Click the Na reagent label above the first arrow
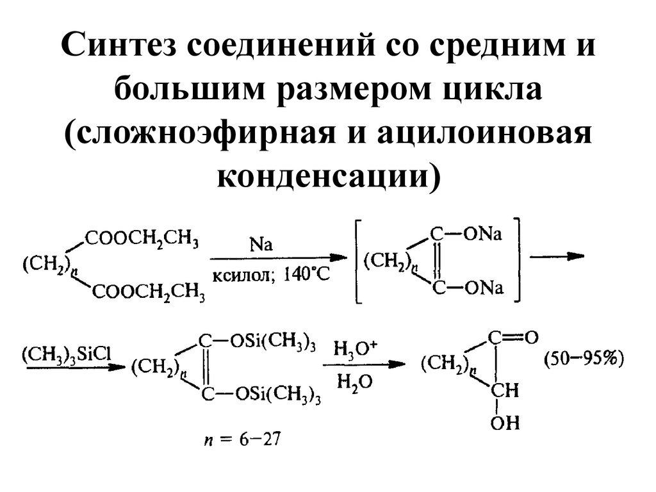pyautogui.click(x=261, y=245)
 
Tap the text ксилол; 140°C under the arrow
pyautogui.click(x=271, y=275)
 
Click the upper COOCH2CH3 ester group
pyautogui.click(x=142, y=240)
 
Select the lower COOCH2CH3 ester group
pyautogui.click(x=148, y=291)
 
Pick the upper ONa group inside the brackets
pyautogui.click(x=483, y=234)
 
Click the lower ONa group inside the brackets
pyautogui.click(x=484, y=288)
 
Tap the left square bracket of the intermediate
pyautogui.click(x=358, y=260)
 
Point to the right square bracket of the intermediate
pyautogui.click(x=517, y=259)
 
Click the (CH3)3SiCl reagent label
pyautogui.click(x=67, y=355)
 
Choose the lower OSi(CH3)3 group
pyautogui.click(x=278, y=395)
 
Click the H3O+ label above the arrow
pyautogui.click(x=355, y=348)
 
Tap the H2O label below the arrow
pyautogui.click(x=354, y=382)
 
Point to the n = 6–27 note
pyautogui.click(x=242, y=439)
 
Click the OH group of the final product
pyautogui.click(x=505, y=423)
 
